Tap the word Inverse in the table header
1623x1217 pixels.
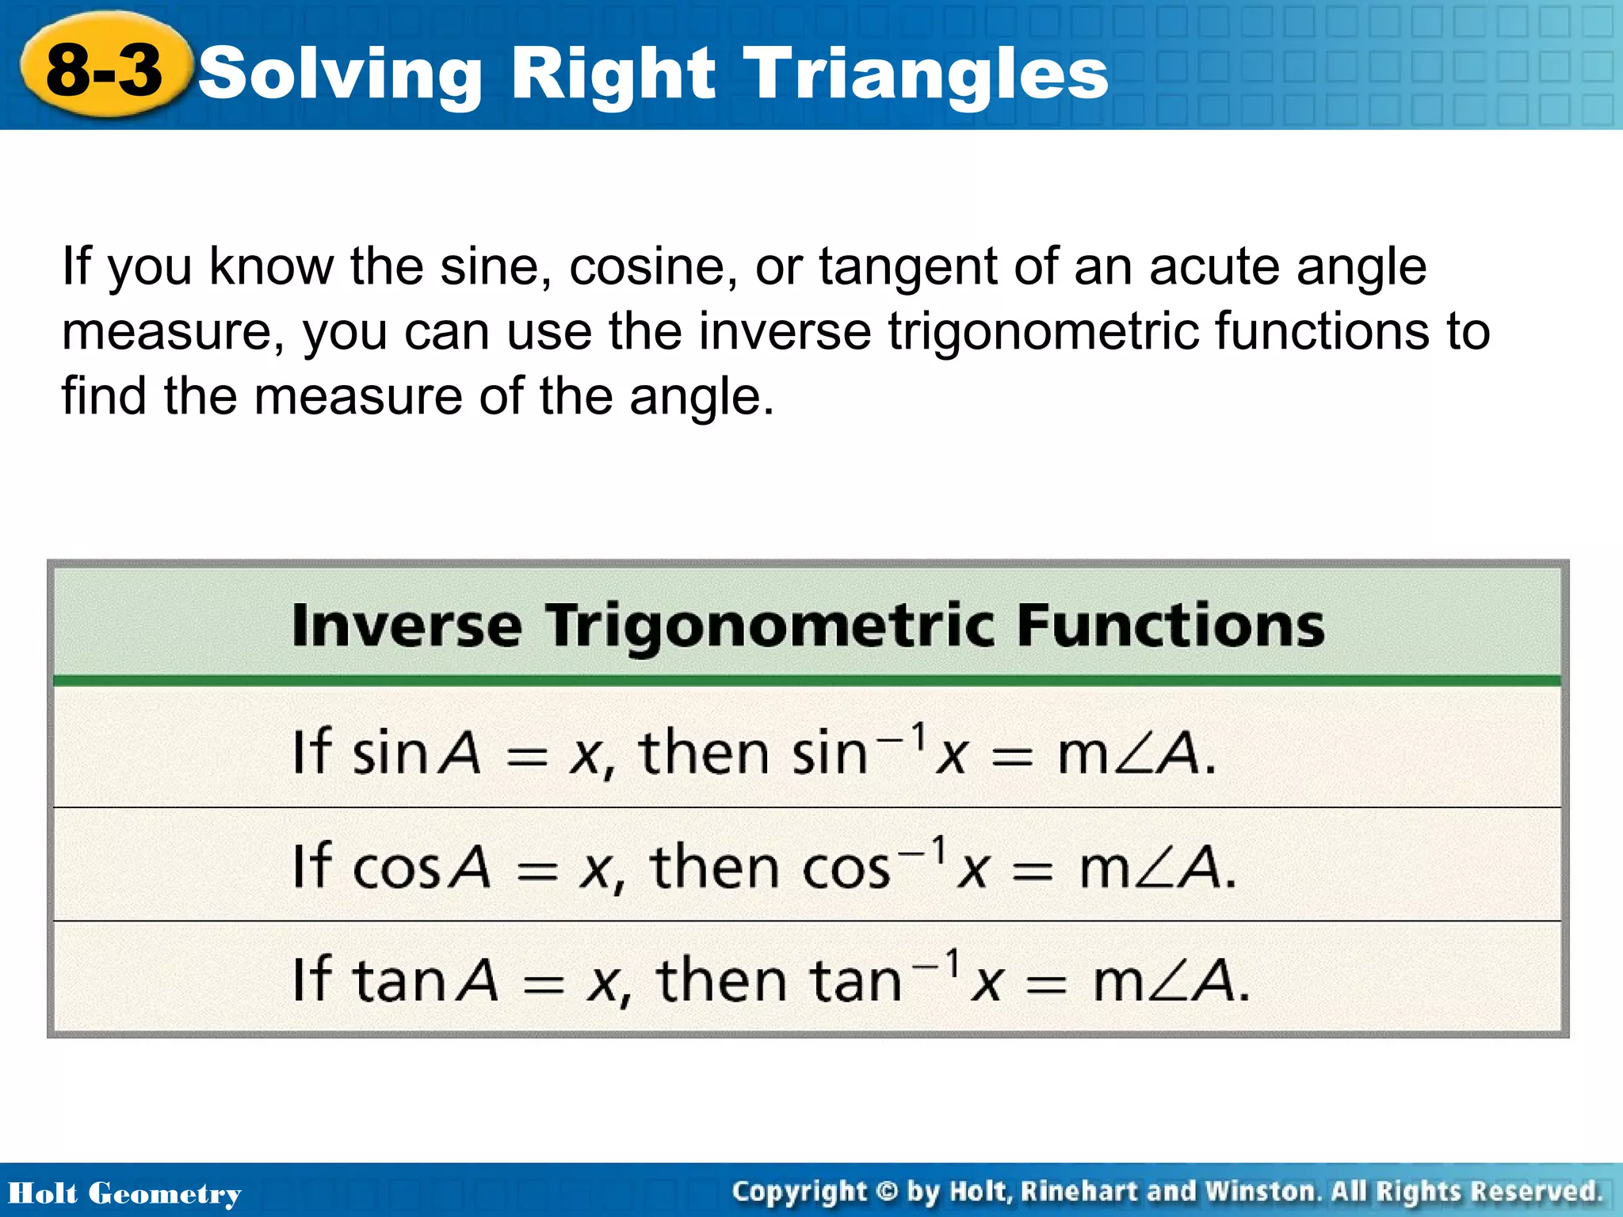[407, 626]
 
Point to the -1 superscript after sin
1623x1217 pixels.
[902, 737]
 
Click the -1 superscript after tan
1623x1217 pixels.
[937, 964]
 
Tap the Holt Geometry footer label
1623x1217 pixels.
[124, 1193]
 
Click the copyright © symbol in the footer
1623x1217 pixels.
[888, 1192]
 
